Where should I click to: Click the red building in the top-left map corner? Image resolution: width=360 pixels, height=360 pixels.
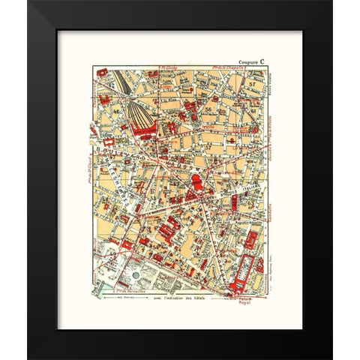100,77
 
